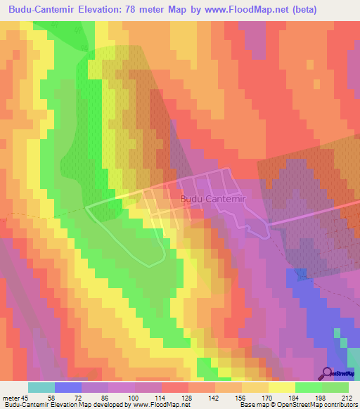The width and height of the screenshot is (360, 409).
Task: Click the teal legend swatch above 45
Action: (x=41, y=387)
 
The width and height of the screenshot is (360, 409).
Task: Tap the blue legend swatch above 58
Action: (x=67, y=387)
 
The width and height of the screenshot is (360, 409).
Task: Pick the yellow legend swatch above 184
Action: (x=281, y=387)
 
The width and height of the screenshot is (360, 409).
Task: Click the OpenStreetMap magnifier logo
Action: (x=328, y=373)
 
